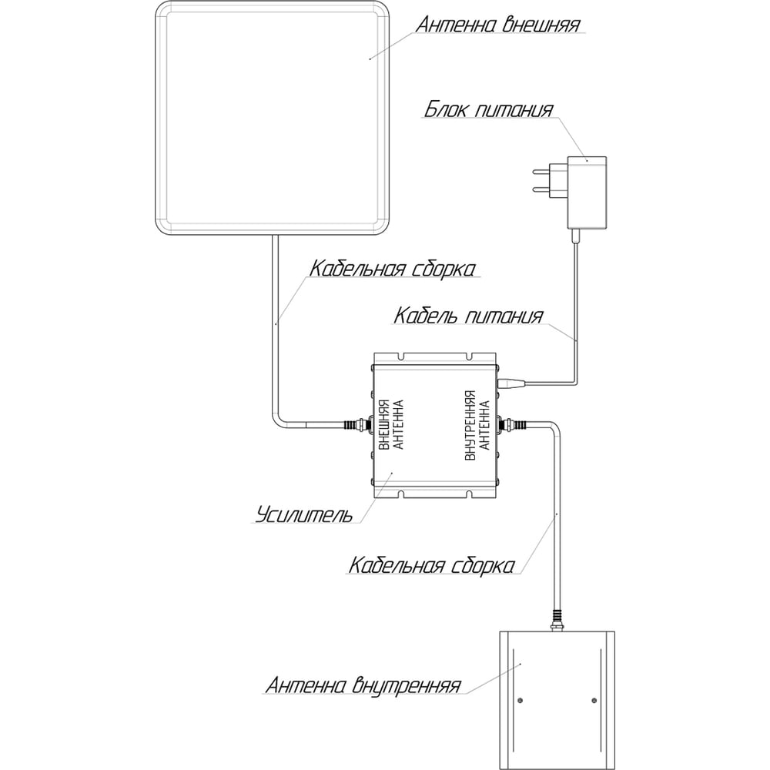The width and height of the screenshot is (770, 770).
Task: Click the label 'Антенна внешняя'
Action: tap(498, 24)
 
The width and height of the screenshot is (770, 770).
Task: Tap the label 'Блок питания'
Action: tap(489, 109)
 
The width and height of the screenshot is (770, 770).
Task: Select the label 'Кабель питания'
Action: tap(468, 316)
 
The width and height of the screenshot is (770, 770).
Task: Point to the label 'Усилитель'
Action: tap(304, 514)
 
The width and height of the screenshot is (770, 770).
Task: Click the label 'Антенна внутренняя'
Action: tap(363, 685)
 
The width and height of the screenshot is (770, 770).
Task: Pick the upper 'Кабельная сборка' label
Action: tap(393, 269)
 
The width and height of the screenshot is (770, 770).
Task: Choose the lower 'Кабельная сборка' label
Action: tap(432, 565)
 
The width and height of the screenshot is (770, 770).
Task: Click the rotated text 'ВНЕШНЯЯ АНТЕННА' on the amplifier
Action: tap(391, 424)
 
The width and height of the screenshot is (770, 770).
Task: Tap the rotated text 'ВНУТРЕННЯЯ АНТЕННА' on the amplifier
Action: tap(477, 425)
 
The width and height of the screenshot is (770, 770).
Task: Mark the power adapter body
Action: tap(587, 192)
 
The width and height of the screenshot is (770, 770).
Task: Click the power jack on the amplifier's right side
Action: tap(511, 383)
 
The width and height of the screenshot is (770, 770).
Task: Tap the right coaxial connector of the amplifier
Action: tap(512, 423)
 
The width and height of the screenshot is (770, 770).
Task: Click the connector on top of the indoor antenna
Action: tap(557, 621)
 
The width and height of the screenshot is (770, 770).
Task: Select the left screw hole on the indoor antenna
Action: tap(521, 700)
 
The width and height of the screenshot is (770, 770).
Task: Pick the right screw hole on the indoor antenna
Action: tap(594, 700)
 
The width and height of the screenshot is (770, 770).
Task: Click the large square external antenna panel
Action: tap(273, 119)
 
